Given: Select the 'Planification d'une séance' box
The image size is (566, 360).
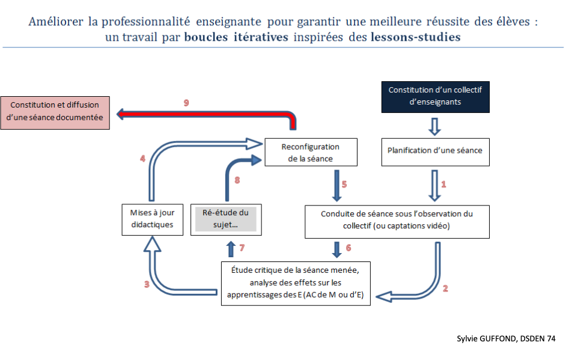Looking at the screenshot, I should tap(436, 150).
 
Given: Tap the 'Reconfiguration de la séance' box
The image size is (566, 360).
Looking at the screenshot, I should tap(311, 153).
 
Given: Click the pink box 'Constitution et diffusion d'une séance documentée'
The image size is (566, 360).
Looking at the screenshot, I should tap(55, 111).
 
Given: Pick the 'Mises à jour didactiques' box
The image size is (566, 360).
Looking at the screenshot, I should tap(151, 218).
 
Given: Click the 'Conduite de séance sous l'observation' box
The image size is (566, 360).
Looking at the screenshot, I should tap(397, 220).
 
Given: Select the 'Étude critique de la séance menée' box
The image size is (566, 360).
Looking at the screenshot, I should tap(296, 283).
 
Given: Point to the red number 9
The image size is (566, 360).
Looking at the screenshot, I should tap(186, 103).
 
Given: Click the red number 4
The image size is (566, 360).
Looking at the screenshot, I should tap(142, 159).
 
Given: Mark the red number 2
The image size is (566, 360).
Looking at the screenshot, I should tap(445, 288).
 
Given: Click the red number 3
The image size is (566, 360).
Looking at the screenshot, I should tap(146, 285).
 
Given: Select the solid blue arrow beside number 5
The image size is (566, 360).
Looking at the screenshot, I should tap(332, 185).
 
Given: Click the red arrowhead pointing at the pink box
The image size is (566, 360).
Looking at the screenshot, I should tap(122, 114).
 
